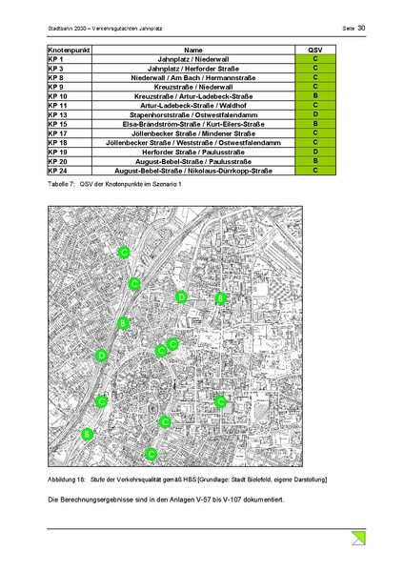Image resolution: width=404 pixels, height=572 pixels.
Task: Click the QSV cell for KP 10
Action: coord(315,96)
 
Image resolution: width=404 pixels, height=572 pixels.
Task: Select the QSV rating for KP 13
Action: coord(315,114)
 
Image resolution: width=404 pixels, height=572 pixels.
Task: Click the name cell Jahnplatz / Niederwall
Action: coord(193,60)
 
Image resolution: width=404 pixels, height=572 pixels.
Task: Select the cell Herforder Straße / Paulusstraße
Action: coord(193,152)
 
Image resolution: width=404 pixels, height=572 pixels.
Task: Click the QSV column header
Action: coord(315,49)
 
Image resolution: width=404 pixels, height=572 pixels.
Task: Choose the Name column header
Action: coord(193,49)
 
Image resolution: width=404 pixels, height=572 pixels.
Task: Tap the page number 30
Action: coord(361,28)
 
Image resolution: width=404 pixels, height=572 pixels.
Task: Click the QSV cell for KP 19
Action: coord(315,152)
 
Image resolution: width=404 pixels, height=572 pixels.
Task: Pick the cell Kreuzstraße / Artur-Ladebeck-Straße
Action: coord(193,96)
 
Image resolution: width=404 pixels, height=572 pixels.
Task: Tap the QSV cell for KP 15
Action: coord(315,124)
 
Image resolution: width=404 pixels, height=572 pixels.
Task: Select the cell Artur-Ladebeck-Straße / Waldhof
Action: coord(193,106)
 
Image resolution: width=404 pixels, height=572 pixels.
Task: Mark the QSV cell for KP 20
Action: coord(315,161)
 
